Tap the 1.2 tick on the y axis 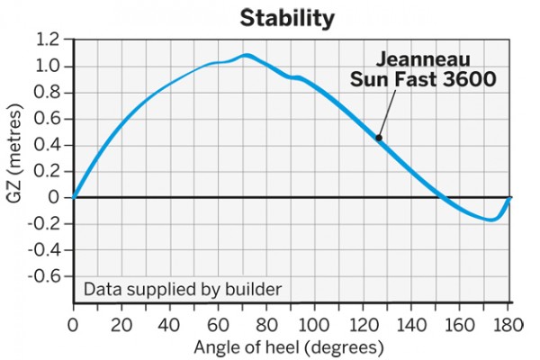click(x=49, y=40)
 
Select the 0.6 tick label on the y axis click(x=49, y=119)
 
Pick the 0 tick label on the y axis click(x=56, y=197)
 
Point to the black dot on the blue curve click(x=379, y=139)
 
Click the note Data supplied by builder click(x=183, y=290)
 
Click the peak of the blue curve click(x=246, y=56)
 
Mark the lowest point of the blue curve click(x=490, y=219)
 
